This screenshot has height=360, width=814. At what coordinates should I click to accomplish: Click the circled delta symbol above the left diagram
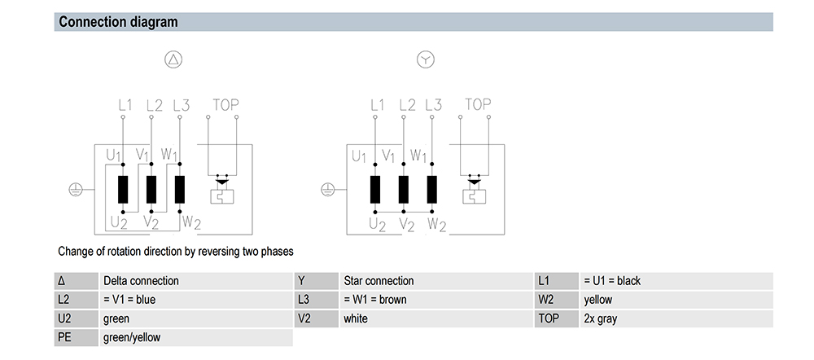[174, 59]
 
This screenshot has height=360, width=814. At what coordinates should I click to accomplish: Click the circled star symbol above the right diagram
[426, 59]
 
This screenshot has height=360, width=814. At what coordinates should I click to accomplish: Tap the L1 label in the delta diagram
[125, 105]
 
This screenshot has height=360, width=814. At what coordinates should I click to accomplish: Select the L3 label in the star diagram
[434, 105]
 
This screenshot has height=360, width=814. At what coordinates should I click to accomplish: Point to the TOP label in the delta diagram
[225, 105]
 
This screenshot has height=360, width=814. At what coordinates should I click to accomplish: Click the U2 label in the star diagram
[378, 225]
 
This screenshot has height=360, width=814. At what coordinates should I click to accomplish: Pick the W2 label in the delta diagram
[191, 222]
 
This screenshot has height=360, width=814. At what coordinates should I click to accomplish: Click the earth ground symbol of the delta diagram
[76, 190]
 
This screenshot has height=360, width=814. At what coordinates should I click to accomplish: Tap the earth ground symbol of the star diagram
[328, 190]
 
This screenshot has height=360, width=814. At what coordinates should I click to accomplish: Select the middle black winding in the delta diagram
[151, 190]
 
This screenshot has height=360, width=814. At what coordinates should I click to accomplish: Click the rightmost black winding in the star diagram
[432, 190]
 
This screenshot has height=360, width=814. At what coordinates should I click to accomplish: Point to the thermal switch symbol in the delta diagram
[221, 190]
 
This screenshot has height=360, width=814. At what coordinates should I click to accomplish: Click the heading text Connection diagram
[118, 22]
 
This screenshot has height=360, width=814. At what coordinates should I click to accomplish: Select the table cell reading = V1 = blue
[129, 300]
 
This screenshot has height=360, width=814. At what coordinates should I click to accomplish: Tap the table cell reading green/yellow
[132, 337]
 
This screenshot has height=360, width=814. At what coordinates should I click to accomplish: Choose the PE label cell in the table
[76, 337]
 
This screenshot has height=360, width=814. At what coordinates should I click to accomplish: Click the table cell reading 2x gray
[601, 318]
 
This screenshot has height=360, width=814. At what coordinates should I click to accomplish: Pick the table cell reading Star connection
[379, 281]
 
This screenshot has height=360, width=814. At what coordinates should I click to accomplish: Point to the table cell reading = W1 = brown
[375, 300]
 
